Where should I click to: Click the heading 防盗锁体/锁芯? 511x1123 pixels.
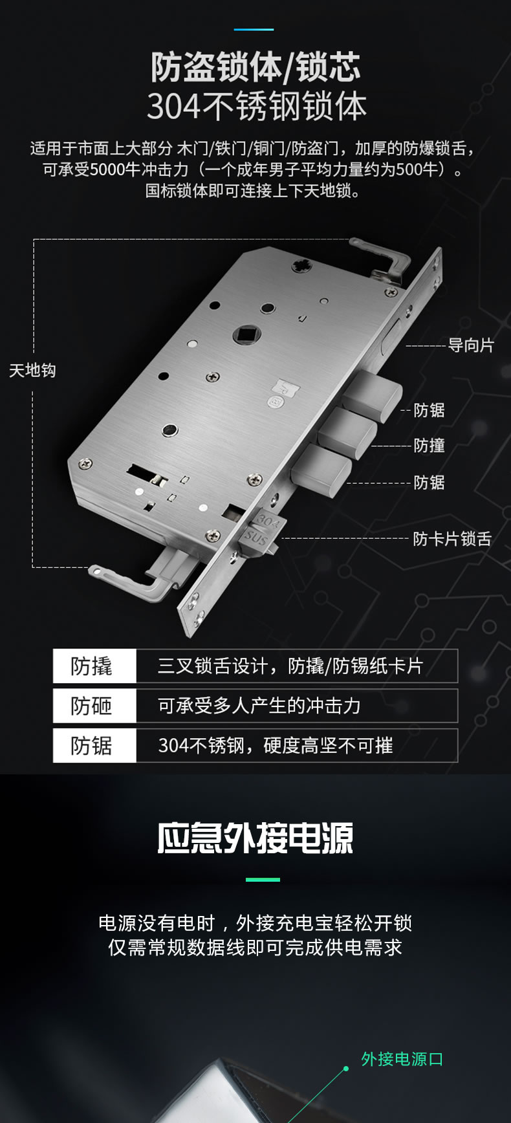point(255,68)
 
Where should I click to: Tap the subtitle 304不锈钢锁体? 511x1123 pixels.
point(256,107)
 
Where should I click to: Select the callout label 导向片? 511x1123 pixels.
point(470,345)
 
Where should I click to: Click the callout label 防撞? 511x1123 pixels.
point(429,446)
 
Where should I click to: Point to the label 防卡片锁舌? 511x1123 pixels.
point(452,539)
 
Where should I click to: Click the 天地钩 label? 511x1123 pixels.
point(32,371)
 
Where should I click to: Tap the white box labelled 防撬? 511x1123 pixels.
point(94,666)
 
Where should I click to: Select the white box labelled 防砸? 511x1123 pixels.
point(94,706)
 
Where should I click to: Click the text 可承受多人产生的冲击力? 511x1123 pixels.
point(259,706)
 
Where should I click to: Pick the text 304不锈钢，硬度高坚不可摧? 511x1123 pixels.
point(276,746)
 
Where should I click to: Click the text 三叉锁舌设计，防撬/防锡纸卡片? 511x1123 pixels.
point(290,666)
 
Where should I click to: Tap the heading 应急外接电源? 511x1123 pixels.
point(255,839)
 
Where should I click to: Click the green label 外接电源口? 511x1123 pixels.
point(402,1059)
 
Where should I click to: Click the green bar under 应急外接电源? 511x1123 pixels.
point(263,880)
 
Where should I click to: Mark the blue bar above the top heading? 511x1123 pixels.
point(254,29)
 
